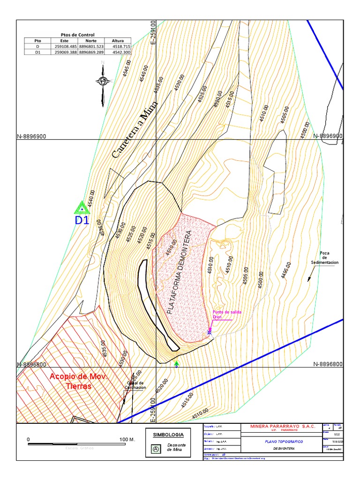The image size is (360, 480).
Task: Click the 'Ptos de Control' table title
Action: (x=78, y=35)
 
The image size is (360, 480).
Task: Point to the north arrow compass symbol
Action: (x=103, y=82)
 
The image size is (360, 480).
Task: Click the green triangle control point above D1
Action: (x=82, y=208)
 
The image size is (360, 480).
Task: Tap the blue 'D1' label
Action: (x=82, y=220)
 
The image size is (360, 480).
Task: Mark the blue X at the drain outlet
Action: (x=209, y=332)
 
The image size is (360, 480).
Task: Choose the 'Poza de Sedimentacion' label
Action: (x=324, y=258)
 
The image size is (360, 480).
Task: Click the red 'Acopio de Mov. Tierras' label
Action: (x=79, y=381)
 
